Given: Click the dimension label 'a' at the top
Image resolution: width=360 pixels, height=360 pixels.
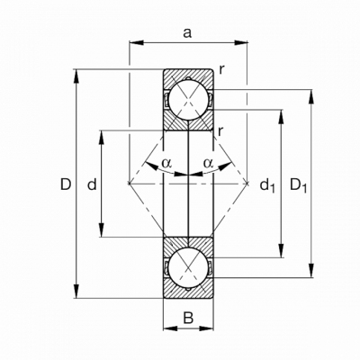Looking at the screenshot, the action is coord(187,33).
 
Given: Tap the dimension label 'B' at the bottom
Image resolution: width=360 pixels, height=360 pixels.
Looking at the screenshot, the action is coord(188,318).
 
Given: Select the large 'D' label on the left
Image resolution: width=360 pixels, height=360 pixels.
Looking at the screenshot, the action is coord(66,184).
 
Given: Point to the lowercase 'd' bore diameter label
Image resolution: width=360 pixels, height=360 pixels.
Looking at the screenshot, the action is coord(92,184).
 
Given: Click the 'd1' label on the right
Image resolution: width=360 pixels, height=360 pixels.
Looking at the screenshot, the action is coord(267,185).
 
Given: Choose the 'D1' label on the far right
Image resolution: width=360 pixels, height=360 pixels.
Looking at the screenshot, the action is coord(299,185).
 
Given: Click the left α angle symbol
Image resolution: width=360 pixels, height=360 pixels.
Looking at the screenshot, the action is coord(166,163).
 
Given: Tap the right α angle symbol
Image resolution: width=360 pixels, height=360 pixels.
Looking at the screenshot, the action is coord(208,163).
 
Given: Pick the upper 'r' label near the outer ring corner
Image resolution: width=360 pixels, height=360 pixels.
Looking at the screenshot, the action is coord(221,70).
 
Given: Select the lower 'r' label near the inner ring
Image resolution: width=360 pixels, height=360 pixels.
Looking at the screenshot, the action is coord(220,131).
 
